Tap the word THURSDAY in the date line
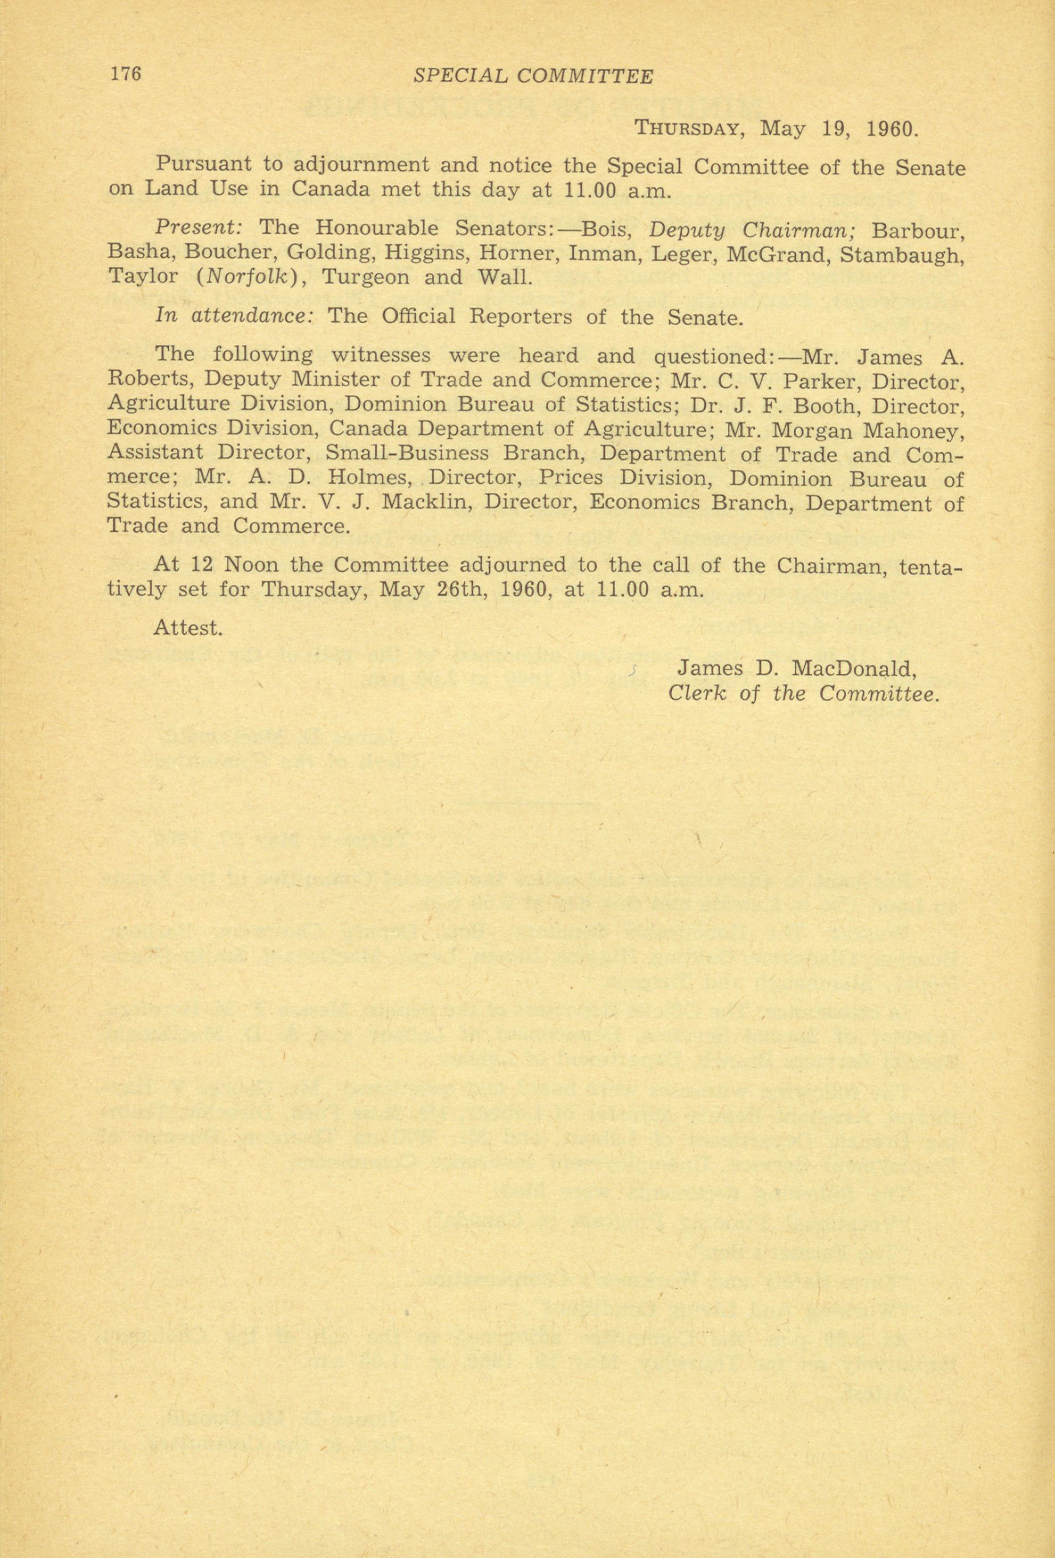coord(687,128)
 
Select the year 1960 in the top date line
coord(888,128)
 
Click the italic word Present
coord(199,228)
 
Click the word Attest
coord(188,628)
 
